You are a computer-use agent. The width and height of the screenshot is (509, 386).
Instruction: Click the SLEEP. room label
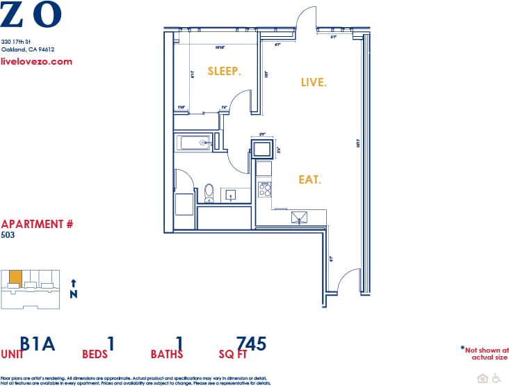coord(224,71)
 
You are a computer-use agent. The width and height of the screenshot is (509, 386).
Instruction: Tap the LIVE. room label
coord(313,82)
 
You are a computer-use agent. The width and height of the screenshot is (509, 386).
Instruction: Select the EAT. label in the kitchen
coord(309,179)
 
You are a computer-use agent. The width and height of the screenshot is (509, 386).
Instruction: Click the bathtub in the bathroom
coord(195,143)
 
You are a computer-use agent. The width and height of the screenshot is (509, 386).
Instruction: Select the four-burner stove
coord(265,188)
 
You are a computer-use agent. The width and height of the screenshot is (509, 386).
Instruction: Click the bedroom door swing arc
coord(240,104)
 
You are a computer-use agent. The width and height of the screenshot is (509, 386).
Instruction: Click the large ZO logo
coord(31,15)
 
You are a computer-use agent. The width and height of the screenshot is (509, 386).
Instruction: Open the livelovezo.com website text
coord(37,61)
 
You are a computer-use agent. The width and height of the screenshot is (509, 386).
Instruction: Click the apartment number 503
coord(8,235)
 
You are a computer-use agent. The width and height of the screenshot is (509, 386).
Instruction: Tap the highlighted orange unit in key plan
coord(15,277)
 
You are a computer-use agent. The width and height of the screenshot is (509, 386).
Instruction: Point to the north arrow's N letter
coord(74,294)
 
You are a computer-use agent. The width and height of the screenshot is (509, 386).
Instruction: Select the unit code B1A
coord(38,344)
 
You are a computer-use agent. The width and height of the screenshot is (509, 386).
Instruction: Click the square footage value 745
coord(251,344)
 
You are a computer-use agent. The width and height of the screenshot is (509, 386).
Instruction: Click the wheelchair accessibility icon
coord(496,378)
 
